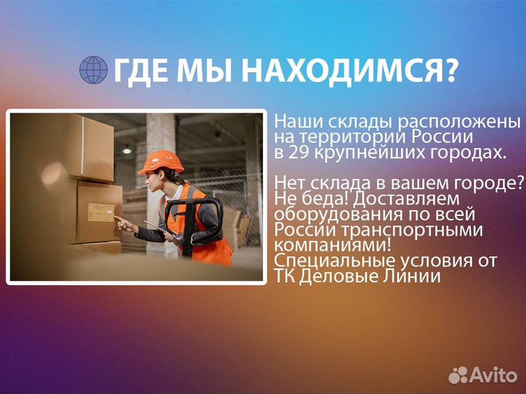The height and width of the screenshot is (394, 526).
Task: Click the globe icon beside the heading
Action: click(94, 70)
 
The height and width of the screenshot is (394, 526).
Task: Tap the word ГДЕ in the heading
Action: click(140, 70)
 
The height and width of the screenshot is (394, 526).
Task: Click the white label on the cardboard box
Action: click(101, 212)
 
